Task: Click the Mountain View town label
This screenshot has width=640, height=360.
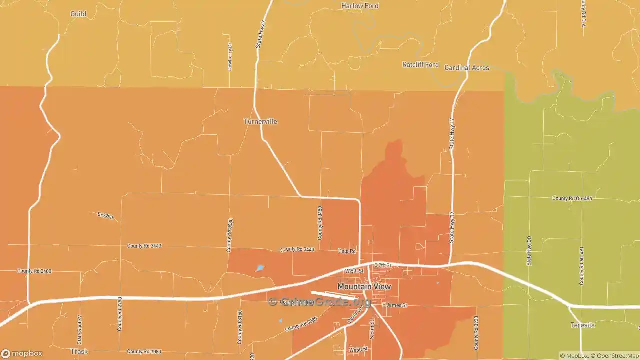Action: [364, 287]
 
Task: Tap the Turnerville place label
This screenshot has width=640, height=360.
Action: [260, 121]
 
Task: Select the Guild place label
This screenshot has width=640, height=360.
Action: [78, 14]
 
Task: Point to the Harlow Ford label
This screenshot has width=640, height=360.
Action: [360, 6]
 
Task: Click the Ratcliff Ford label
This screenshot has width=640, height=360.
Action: [420, 65]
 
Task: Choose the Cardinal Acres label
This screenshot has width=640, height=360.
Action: [466, 68]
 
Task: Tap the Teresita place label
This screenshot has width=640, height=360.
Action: [582, 325]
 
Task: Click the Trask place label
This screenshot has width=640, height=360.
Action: [79, 351]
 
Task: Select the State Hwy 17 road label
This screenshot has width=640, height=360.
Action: [452, 134]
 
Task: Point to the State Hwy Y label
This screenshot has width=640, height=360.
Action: [259, 34]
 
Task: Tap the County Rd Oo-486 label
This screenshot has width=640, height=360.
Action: [572, 198]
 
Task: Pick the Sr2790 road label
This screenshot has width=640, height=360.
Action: [106, 215]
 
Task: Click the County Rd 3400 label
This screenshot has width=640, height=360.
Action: [34, 271]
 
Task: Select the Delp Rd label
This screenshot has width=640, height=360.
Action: [347, 251]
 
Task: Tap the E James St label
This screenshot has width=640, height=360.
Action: [395, 305]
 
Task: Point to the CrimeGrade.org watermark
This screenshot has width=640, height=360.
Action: [320, 302]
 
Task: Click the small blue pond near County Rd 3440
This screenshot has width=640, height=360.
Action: [260, 268]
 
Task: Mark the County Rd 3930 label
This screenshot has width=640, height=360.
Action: [476, 333]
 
